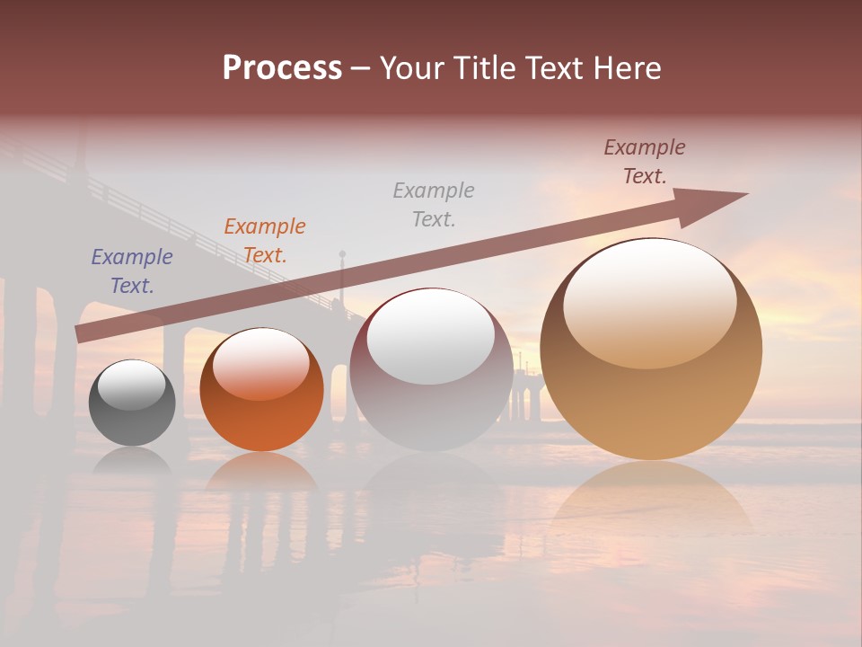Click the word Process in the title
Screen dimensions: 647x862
[282, 68]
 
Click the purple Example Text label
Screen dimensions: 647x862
[132, 271]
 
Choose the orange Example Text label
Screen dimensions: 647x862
[265, 241]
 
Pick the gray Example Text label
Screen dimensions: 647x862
[434, 204]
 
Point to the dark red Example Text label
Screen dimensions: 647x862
[645, 162]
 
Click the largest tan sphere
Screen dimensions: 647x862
[651, 395]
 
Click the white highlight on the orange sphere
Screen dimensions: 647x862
[261, 363]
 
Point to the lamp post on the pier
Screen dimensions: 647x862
[342, 279]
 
